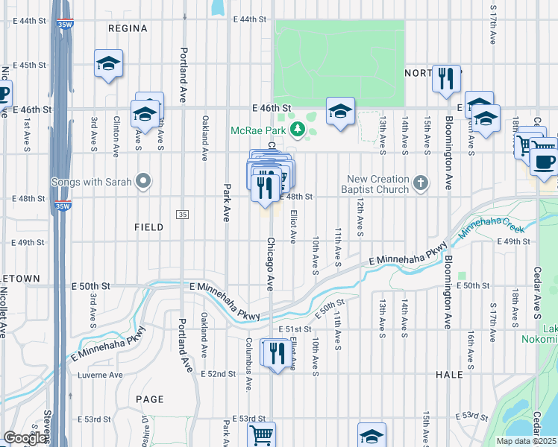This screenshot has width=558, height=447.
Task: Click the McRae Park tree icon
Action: pyautogui.click(x=298, y=130)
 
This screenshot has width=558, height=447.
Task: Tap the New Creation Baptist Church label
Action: pyautogui.click(x=377, y=184)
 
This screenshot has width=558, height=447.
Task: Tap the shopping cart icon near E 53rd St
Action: pyautogui.click(x=261, y=434)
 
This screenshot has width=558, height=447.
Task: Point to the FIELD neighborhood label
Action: pyautogui.click(x=149, y=227)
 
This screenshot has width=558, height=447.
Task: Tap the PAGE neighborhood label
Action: pyautogui.click(x=149, y=399)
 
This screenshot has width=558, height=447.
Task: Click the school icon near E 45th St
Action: pyautogui.click(x=109, y=64)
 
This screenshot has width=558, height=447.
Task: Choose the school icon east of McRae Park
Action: pyautogui.click(x=340, y=111)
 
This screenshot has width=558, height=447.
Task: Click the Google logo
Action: pyautogui.click(x=25, y=438)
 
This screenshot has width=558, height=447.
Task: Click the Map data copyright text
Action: pyautogui.click(x=526, y=441)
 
